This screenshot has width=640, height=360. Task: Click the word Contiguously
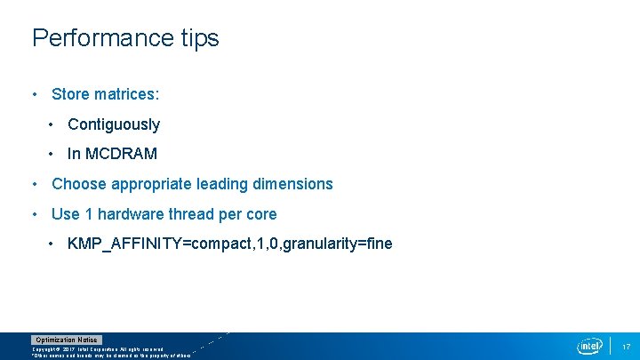pyautogui.click(x=114, y=124)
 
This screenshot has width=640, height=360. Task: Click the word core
pyautogui.click(x=260, y=214)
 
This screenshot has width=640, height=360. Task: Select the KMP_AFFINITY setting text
pyautogui.click(x=229, y=244)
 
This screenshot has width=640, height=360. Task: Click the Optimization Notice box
pyautogui.click(x=67, y=340)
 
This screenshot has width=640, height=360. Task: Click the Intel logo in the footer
pyautogui.click(x=589, y=346)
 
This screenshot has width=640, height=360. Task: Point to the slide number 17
pyautogui.click(x=626, y=346)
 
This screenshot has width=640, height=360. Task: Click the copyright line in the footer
pyautogui.click(x=98, y=349)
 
